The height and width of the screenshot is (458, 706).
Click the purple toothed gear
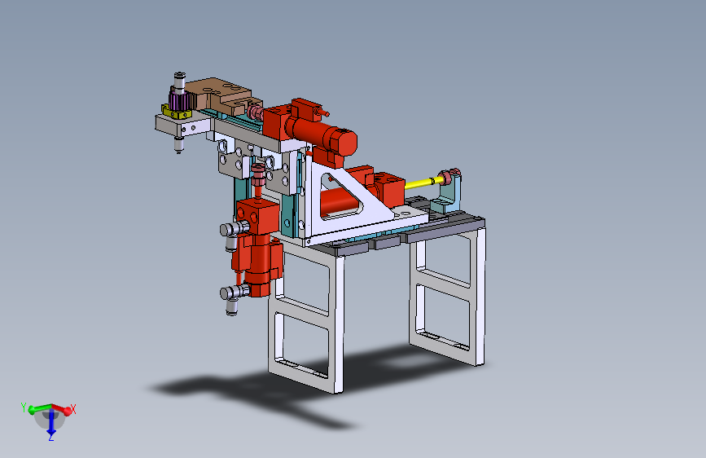pyautogui.click(x=179, y=100)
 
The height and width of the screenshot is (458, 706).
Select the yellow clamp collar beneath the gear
pyautogui.click(x=177, y=112)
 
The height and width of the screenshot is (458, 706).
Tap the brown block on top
pyautogui.click(x=221, y=95)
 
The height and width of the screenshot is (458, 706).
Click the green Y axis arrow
pyautogui.click(x=40, y=409)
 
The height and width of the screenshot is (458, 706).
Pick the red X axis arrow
pyautogui.click(x=61, y=409)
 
